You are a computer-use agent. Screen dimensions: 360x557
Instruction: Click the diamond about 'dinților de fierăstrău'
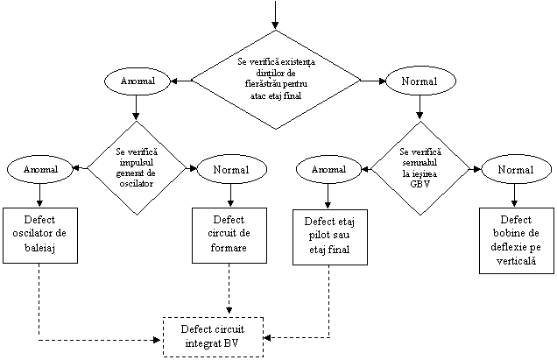coord(276,80)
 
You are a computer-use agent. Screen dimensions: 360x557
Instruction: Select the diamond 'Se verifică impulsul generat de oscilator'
coord(136,167)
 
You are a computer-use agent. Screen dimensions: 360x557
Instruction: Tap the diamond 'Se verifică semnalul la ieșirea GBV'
coord(420,167)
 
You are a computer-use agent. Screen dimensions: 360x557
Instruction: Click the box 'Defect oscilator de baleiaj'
coord(40,234)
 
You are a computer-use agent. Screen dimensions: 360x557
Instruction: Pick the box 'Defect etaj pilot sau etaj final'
coord(328,236)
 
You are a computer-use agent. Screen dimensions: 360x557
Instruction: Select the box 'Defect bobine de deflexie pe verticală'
coord(516,240)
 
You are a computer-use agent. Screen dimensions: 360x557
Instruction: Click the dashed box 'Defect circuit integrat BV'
coord(214,335)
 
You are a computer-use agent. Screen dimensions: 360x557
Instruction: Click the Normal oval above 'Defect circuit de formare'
coord(231,168)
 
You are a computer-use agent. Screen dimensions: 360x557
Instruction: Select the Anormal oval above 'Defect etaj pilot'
coord(328,168)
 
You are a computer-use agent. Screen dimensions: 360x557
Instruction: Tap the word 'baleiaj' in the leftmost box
coord(40,250)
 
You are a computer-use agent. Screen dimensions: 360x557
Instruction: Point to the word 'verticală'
coord(516,261)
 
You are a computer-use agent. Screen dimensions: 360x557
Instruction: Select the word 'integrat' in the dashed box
coord(214,342)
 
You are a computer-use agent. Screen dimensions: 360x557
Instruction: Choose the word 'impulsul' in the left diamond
coord(136,162)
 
